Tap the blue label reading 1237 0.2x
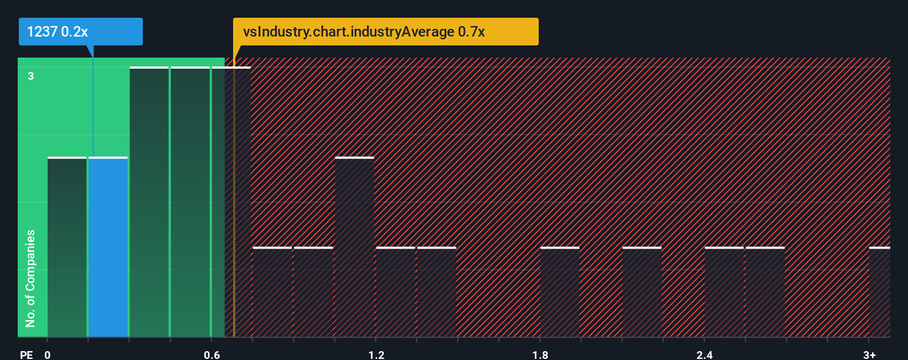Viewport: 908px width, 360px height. coord(80,32)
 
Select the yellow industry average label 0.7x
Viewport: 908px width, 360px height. coord(385,32)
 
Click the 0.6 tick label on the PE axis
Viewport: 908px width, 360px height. coord(211,354)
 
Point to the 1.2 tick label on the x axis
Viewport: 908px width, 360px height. coord(376,354)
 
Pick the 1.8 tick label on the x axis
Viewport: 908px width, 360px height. coord(540,354)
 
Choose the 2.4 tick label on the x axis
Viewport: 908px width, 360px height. coord(704,354)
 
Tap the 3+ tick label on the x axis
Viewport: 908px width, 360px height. coord(869,354)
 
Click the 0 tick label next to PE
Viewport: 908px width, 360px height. coord(48,354)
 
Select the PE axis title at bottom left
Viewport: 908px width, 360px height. coord(26,354)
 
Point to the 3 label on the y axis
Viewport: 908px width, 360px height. coord(31,76)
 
